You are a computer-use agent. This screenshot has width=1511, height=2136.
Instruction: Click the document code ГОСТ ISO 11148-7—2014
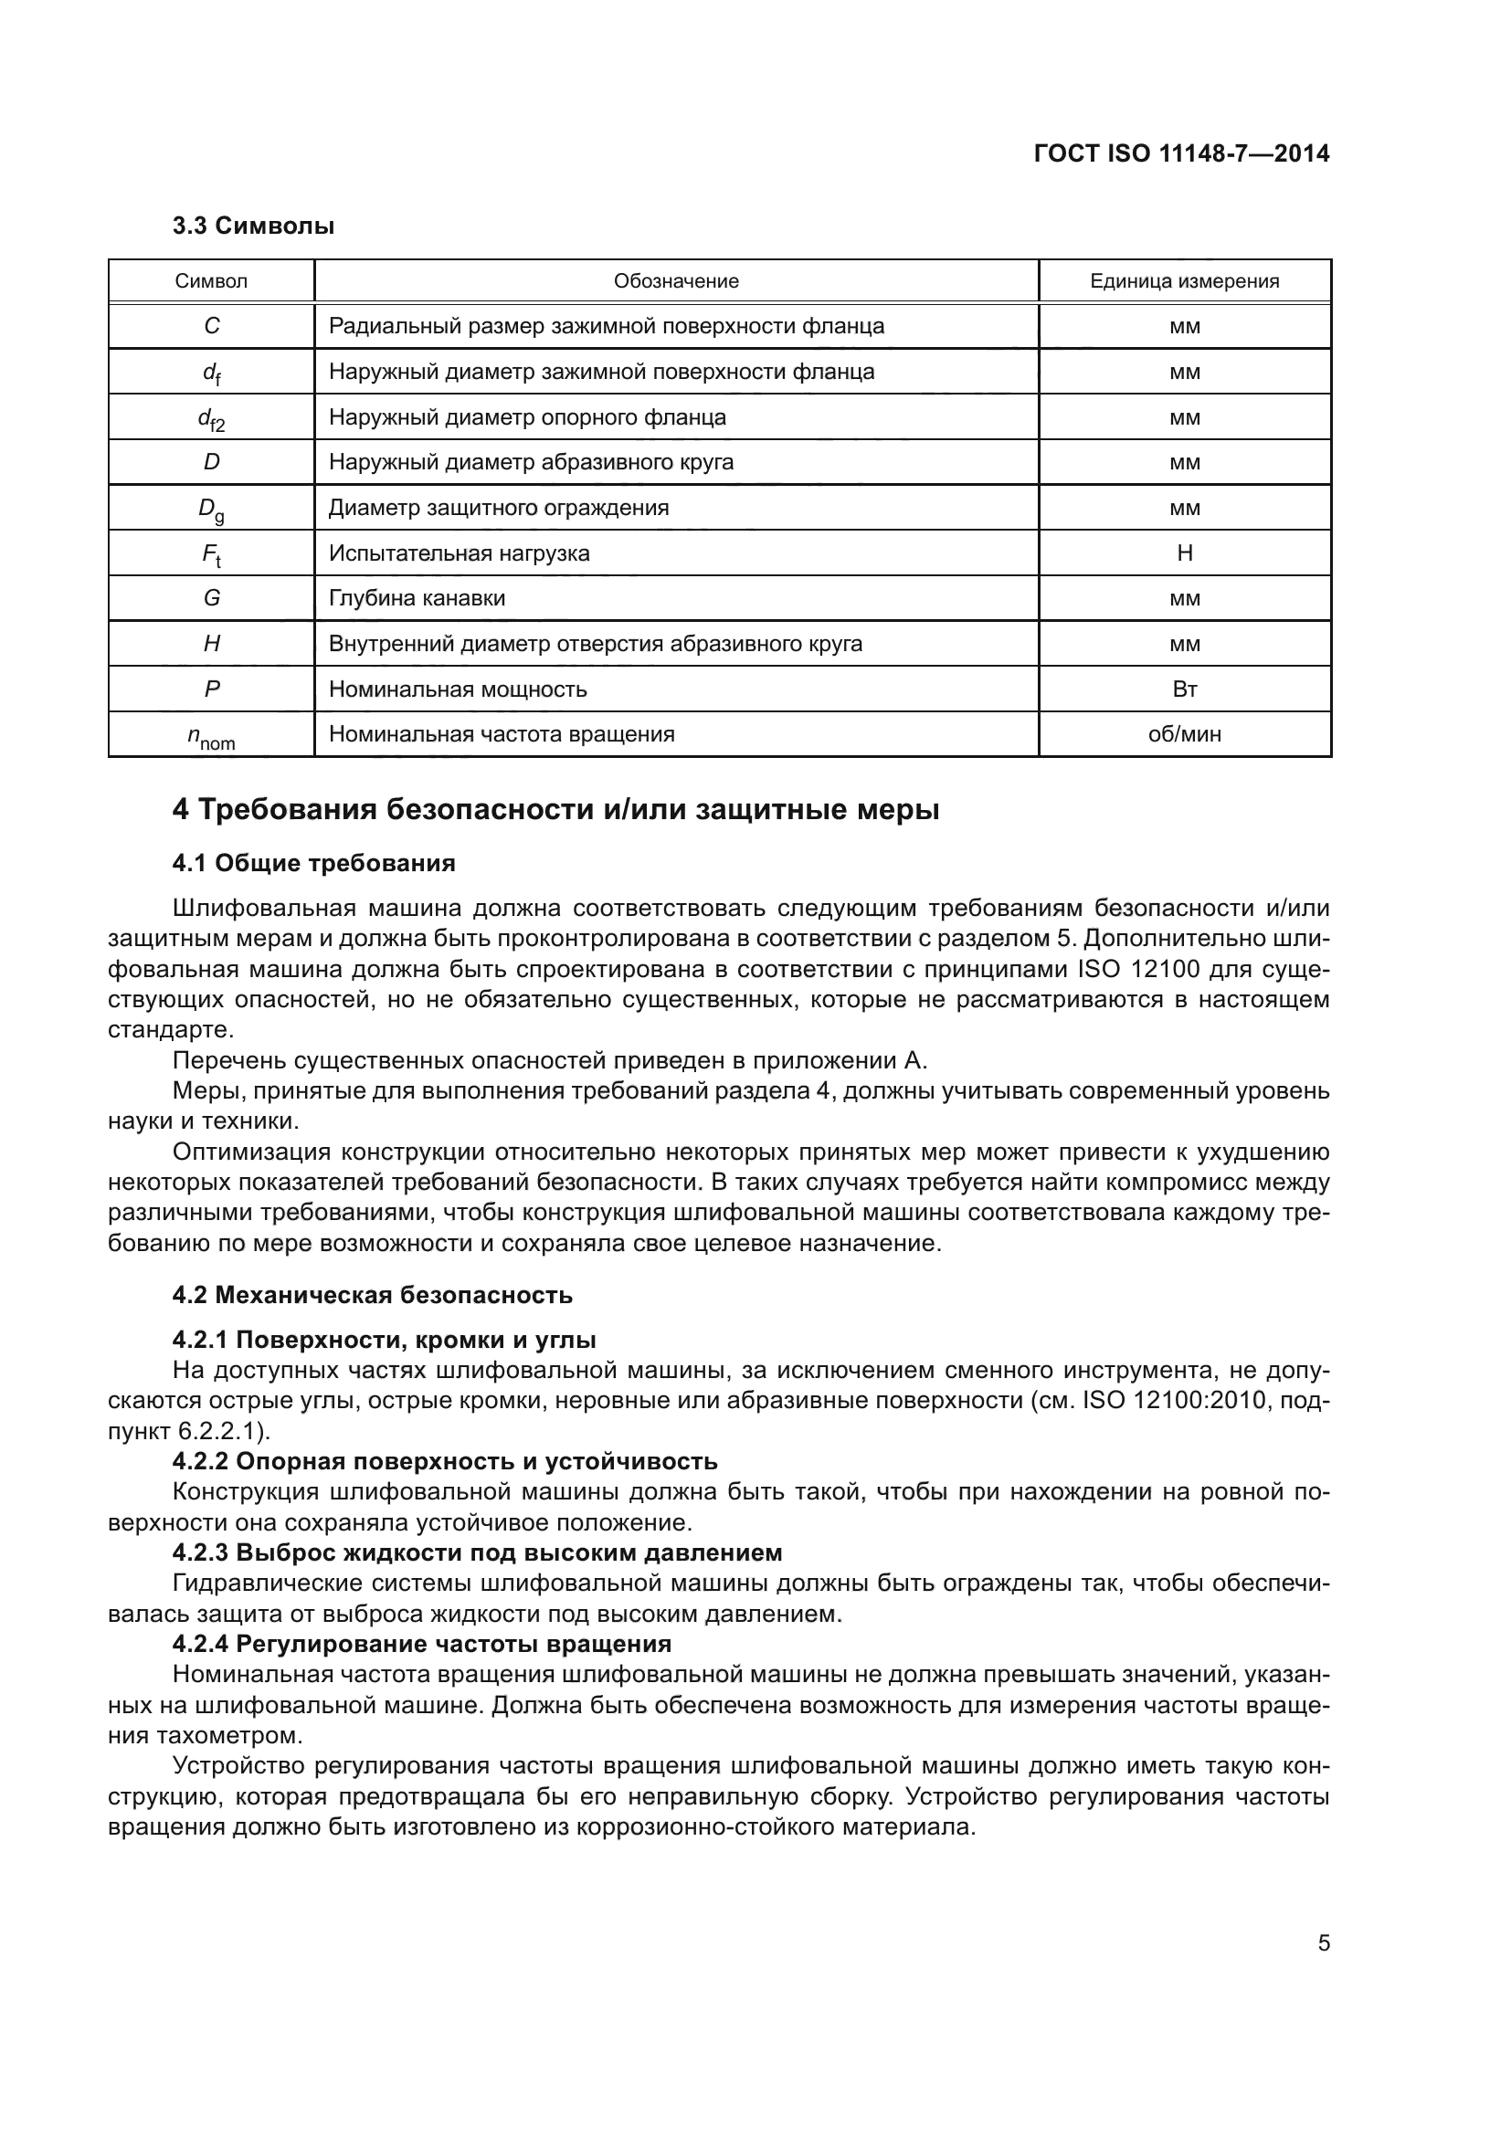pos(1180,153)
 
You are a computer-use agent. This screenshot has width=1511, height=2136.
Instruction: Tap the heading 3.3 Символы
pos(253,226)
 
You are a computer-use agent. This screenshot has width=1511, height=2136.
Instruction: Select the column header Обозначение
pos(675,281)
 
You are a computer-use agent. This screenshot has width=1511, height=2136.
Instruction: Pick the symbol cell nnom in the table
pos(211,737)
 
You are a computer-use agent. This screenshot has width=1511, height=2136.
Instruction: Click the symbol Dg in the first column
pos(211,509)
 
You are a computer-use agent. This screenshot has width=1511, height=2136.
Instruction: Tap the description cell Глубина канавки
pos(417,598)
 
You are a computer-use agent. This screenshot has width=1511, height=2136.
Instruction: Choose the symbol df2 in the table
pos(211,418)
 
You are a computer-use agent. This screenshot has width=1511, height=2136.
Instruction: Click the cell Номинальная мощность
pos(458,689)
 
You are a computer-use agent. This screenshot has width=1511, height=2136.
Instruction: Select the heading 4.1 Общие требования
pos(313,863)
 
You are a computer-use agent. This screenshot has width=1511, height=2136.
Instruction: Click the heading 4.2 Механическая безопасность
pos(372,1295)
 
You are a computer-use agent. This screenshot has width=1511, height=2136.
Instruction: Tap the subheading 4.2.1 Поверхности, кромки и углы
pos(384,1340)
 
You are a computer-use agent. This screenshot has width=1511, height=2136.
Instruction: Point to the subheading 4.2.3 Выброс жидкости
pos(476,1552)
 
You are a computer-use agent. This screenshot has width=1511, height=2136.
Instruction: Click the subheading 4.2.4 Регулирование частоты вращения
pos(421,1644)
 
